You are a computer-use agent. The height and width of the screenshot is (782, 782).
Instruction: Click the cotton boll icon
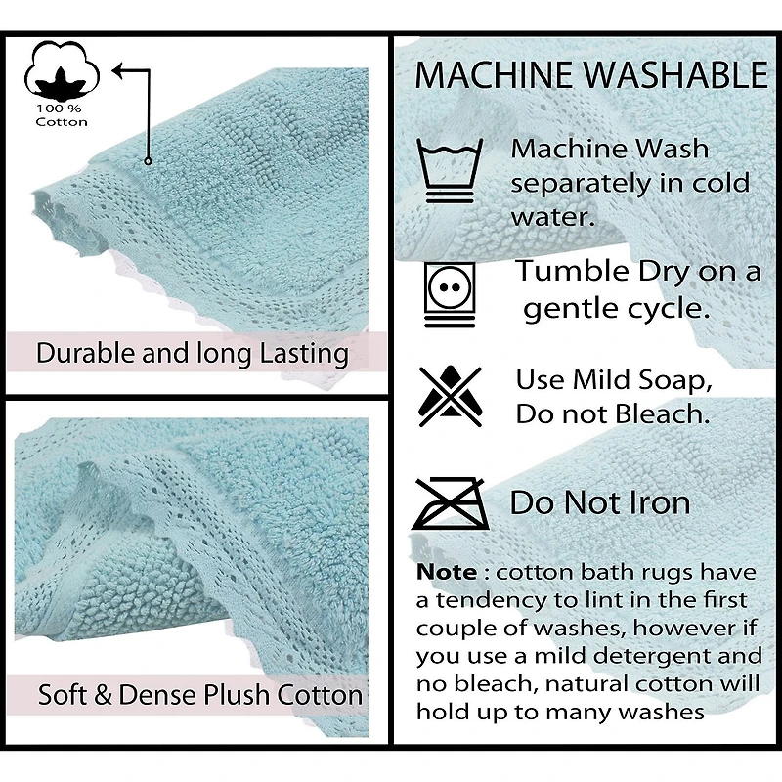(62, 69)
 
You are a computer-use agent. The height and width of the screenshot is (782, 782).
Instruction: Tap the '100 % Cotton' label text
(62, 115)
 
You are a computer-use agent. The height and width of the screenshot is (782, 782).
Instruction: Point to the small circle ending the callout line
(148, 161)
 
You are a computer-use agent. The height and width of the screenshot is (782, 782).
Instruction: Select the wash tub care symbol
(450, 170)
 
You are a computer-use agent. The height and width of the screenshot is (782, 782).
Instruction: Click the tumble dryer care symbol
(450, 294)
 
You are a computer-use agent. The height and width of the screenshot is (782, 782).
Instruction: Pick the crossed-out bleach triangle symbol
(451, 396)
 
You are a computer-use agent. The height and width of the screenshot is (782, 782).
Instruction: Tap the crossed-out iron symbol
(451, 503)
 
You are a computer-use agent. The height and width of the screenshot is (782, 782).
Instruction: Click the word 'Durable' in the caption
(85, 353)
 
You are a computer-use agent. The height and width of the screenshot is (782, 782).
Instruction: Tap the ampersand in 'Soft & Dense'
(103, 695)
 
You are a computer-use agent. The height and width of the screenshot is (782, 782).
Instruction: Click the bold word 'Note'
(447, 572)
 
